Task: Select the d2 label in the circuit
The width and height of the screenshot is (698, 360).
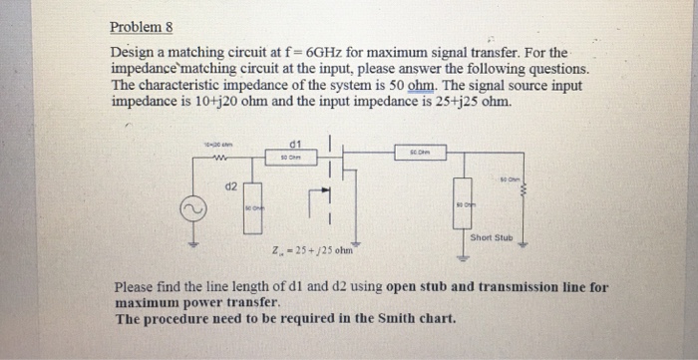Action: click(230, 185)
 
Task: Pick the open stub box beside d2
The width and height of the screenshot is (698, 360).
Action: click(253, 209)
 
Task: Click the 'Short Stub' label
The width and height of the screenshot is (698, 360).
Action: click(491, 237)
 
